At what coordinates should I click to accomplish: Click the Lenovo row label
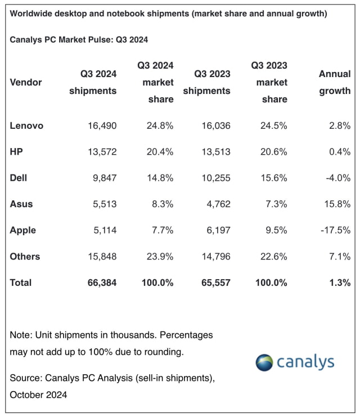click(x=26, y=125)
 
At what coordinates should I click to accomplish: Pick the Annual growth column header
click(x=335, y=82)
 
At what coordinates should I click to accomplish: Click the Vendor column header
click(x=26, y=82)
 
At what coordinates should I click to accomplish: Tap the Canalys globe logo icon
click(x=264, y=362)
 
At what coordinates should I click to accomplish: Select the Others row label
click(x=25, y=257)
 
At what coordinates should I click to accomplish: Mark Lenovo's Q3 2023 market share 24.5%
click(x=273, y=125)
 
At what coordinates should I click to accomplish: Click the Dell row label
click(x=19, y=178)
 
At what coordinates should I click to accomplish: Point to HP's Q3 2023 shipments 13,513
click(x=211, y=151)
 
